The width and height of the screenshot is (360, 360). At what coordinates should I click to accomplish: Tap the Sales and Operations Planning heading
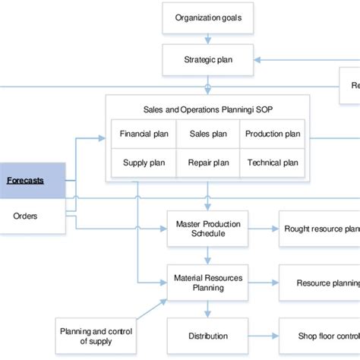click(x=207, y=109)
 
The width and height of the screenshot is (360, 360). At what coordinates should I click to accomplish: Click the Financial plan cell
click(x=145, y=134)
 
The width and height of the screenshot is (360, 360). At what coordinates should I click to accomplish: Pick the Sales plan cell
click(x=208, y=134)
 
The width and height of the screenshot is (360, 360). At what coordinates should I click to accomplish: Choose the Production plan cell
click(x=272, y=134)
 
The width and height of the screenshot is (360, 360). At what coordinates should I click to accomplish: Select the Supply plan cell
click(x=145, y=163)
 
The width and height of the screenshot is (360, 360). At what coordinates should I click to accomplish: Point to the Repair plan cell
click(x=208, y=163)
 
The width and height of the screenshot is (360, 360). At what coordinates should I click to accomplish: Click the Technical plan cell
click(x=272, y=163)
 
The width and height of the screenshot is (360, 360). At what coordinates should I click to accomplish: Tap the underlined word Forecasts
click(x=25, y=181)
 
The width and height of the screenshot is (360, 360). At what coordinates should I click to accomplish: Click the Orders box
click(x=25, y=216)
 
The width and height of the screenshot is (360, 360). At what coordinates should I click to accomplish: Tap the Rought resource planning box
click(x=319, y=229)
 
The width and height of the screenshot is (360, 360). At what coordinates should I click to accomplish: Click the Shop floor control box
click(x=319, y=336)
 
